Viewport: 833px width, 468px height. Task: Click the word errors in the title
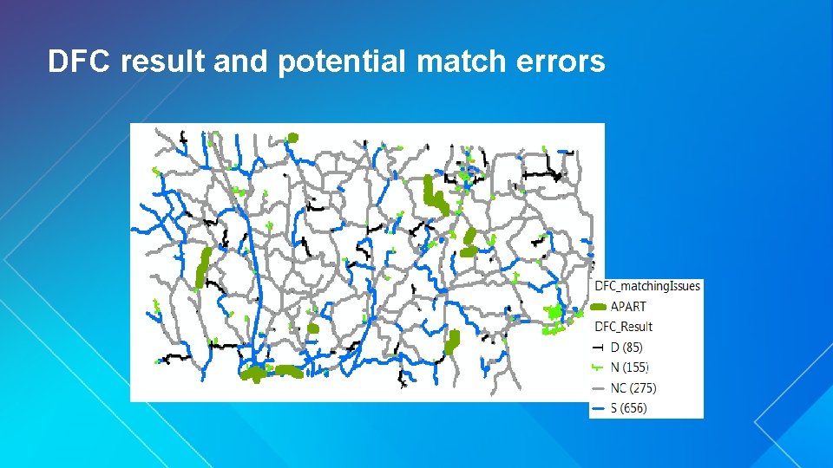pyautogui.click(x=561, y=62)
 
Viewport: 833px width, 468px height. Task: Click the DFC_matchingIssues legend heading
pyautogui.click(x=647, y=286)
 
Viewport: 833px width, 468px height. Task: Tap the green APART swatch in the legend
pyautogui.click(x=599, y=307)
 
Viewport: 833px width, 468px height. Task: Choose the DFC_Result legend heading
pyautogui.click(x=623, y=327)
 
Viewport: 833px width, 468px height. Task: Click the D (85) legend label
pyautogui.click(x=627, y=348)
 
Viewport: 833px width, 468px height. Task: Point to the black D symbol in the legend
pyautogui.click(x=599, y=348)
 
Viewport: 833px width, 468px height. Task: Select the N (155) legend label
pyautogui.click(x=630, y=367)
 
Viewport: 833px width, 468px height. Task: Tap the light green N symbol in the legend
pyautogui.click(x=599, y=367)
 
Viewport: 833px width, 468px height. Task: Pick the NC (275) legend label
pyautogui.click(x=633, y=387)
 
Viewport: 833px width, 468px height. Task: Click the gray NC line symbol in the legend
pyautogui.click(x=599, y=387)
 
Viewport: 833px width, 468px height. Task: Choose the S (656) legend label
pyautogui.click(x=629, y=407)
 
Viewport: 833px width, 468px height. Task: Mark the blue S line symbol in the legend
pyautogui.click(x=599, y=407)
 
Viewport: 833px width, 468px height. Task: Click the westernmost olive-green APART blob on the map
pyautogui.click(x=203, y=266)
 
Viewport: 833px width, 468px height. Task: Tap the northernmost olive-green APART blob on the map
pyautogui.click(x=292, y=138)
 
